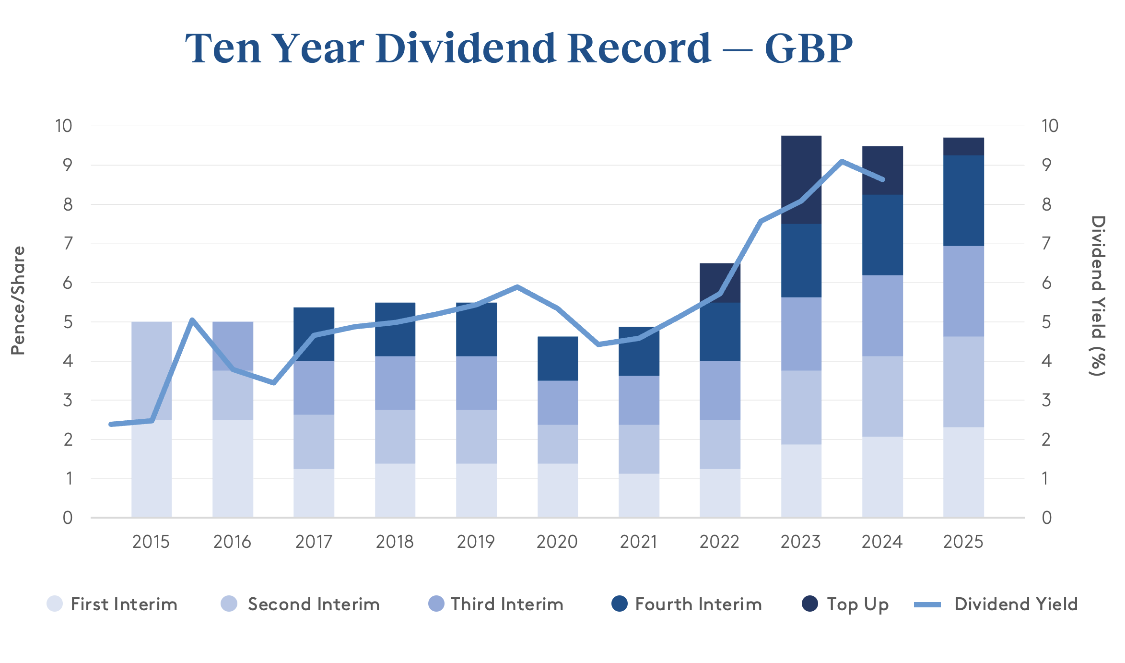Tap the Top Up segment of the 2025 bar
[x=963, y=146]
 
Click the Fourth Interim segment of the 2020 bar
[x=557, y=358]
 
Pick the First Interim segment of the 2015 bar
[x=151, y=468]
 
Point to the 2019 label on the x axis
[x=476, y=542]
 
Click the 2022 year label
[x=719, y=542]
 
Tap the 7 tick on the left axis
[x=68, y=244]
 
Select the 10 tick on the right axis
[x=1049, y=126]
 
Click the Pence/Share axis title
[x=18, y=301]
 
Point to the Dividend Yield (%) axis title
[x=1098, y=296]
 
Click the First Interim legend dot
[x=55, y=604]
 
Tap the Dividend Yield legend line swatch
[x=927, y=604]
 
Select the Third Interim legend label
[x=507, y=604]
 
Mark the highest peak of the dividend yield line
[x=842, y=161]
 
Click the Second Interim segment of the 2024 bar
[x=882, y=396]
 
